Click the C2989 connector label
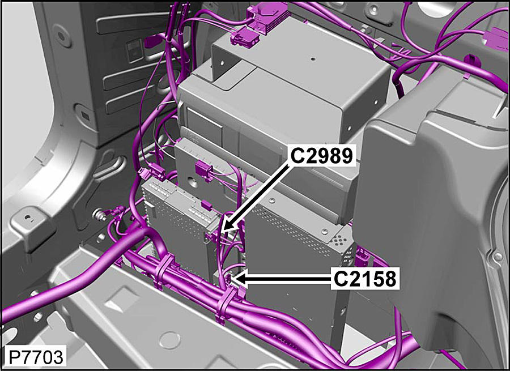tap(321, 156)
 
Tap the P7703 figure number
tap(35, 357)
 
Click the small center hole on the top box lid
tap(312, 59)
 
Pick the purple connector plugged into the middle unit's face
tap(203, 170)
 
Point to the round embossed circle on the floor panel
tap(170, 340)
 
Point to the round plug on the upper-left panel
tap(61, 35)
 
